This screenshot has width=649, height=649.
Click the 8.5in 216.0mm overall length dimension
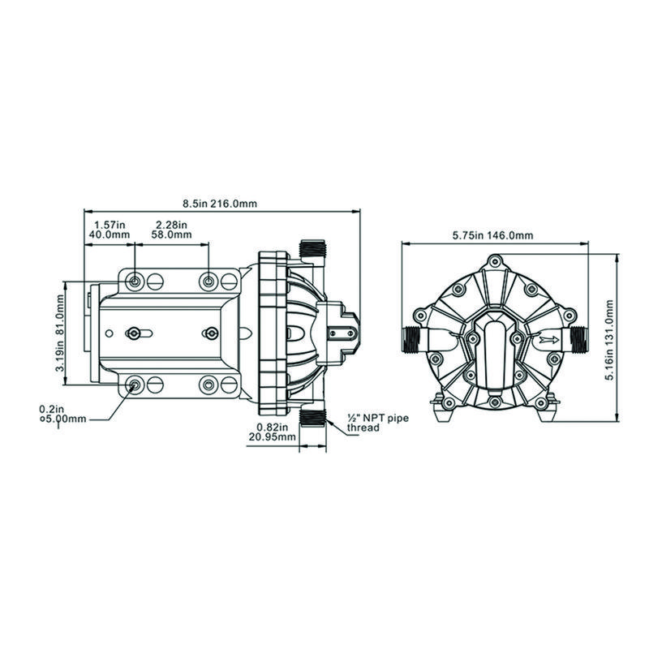click(x=220, y=204)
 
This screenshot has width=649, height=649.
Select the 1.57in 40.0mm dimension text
click(x=110, y=230)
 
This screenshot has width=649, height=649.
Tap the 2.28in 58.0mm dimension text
click(x=171, y=230)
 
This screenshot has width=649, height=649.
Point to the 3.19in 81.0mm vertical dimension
click(x=60, y=333)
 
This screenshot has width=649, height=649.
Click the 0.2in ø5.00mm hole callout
click(x=63, y=414)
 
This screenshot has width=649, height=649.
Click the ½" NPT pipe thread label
click(x=377, y=423)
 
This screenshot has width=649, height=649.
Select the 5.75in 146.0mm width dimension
click(x=492, y=235)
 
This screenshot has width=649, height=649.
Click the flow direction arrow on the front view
click(x=549, y=340)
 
